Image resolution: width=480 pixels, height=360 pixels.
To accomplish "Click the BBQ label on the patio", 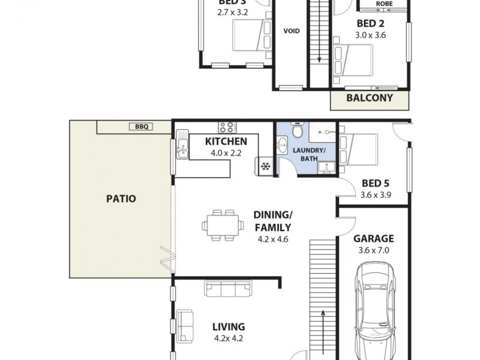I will tap(142, 127).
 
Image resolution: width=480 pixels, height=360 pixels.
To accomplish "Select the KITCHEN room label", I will tap(226, 142).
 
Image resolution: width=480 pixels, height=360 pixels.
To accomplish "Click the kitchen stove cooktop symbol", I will tap(227, 127).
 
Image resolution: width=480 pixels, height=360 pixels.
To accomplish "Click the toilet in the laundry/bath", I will tap(296, 130).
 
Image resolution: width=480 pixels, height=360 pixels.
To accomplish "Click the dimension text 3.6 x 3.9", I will tap(376, 195).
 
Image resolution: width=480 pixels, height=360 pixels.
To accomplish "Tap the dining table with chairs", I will tap(223, 225).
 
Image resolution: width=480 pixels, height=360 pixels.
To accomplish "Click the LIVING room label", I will tap(229, 327).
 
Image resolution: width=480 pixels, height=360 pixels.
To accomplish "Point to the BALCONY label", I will tap(370, 98).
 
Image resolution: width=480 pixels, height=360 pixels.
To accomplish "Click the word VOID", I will tap(292, 31).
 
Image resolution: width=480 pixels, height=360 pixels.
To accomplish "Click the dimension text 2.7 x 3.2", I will tap(233, 12).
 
